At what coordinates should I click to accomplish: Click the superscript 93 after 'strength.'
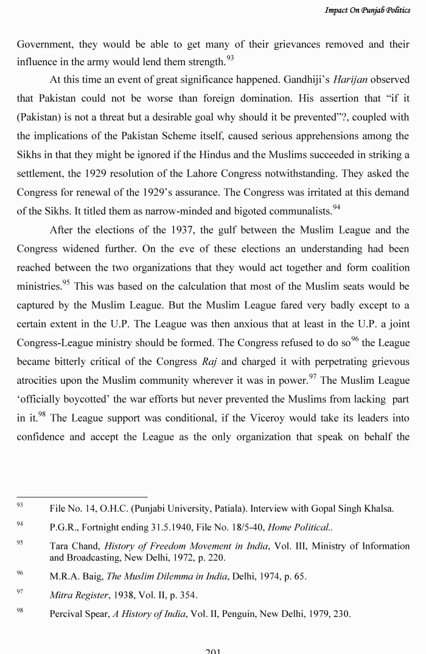coord(230,58)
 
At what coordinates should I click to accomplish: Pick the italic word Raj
coord(209,361)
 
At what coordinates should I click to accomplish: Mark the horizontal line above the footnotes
coord(82,496)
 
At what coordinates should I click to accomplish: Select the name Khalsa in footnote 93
coord(377,509)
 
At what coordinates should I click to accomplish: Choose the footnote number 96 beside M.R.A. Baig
coord(20,573)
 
